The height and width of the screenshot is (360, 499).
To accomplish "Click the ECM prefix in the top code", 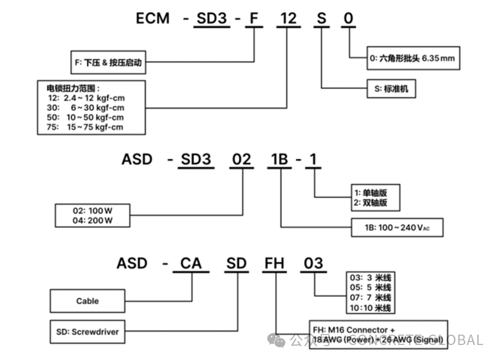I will tap(153, 18).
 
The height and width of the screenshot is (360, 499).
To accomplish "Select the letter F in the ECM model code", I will tap(253, 18).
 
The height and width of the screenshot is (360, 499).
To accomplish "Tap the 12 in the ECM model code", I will tap(287, 18).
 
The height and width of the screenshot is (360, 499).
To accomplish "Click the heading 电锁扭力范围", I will tap(73, 89).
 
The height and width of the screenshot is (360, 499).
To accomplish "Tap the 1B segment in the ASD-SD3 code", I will tap(280, 159).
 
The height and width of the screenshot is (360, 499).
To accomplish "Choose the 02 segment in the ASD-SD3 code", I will tap(241, 159).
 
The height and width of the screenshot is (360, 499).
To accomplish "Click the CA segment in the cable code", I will tap(191, 264).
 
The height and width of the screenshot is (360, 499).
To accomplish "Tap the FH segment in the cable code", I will tap(275, 264).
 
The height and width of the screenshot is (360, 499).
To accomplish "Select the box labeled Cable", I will tap(88, 301).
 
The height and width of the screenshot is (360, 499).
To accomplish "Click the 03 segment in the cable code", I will tap(314, 264).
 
